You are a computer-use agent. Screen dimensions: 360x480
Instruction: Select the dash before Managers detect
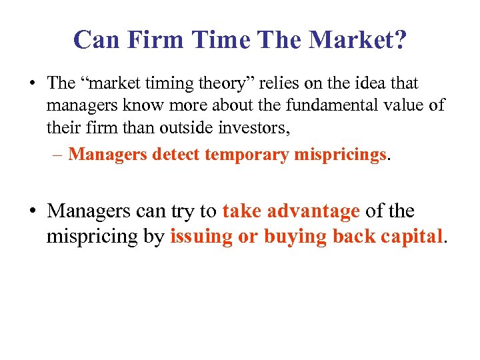(x=58, y=155)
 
